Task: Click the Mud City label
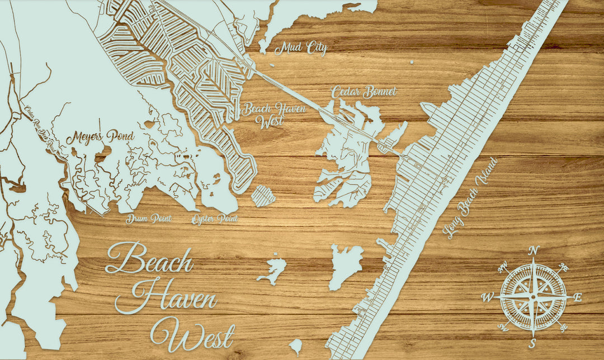[x=300, y=49]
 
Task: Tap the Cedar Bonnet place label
[x=364, y=92]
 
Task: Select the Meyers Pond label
[x=101, y=137]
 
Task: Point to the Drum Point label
[x=148, y=219]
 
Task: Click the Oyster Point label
[x=215, y=219]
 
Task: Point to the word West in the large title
[x=192, y=334]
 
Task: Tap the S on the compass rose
[x=532, y=343]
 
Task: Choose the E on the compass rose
[x=578, y=297]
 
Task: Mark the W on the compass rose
[x=488, y=298]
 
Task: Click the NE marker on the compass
[x=563, y=268]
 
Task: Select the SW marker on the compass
[x=503, y=326]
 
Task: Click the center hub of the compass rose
[x=533, y=297]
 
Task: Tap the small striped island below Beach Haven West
[x=263, y=196]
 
